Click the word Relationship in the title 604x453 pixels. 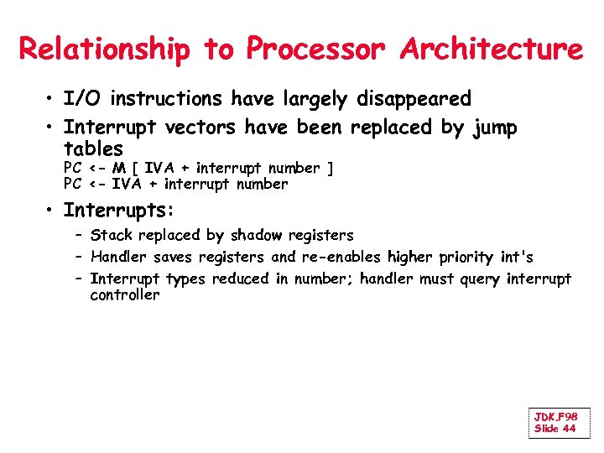[x=105, y=49]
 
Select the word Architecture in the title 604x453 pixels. [x=492, y=49]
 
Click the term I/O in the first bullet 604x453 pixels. [x=84, y=99]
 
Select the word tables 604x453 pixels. [x=93, y=149]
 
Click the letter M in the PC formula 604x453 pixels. [x=118, y=169]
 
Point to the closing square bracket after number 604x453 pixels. [x=331, y=169]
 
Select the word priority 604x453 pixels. [x=461, y=258]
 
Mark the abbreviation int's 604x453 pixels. [x=514, y=257]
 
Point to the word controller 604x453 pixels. [x=124, y=295]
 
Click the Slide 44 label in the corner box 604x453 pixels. [x=555, y=429]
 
